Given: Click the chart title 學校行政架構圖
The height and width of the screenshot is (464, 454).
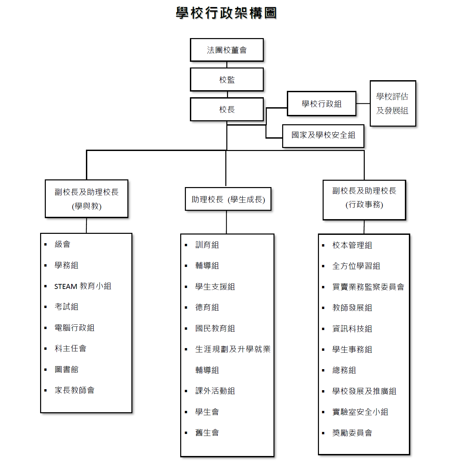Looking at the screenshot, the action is pos(226,13).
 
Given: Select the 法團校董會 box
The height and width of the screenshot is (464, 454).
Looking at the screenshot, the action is pos(227,50).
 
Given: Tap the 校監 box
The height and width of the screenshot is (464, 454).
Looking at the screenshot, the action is pos(227,80).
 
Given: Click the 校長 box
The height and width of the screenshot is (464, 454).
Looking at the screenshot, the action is pos(227,110).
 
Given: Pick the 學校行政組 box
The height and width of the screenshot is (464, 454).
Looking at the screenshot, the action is pos(322,104).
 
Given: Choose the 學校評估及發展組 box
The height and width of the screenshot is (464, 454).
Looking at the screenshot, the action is pos(393,104).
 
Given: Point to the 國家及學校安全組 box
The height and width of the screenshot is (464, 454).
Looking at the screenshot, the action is pos(323,136).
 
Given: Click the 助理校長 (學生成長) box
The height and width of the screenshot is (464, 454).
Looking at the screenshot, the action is pos(228,199).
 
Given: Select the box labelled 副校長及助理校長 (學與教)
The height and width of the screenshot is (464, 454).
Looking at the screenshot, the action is pos(87,199).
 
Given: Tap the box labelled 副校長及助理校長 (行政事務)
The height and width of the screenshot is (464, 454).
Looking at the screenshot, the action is pos(364,200).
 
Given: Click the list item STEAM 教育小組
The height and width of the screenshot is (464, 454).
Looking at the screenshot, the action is pos(83,286).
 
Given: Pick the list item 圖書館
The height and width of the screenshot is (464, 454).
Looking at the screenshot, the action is pos(66,369).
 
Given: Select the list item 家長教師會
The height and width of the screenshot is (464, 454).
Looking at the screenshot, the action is pos(75,390).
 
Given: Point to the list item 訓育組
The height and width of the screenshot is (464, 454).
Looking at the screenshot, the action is pos(207,245).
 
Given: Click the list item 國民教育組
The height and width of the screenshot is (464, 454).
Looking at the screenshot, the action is pos(215,328).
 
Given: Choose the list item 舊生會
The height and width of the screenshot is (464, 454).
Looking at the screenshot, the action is pos(207,433).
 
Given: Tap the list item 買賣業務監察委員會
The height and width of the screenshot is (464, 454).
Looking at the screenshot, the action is pos(368,287).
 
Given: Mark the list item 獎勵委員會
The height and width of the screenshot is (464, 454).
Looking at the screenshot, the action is pos(352,433).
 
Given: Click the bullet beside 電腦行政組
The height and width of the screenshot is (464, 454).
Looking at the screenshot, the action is pos(45,328).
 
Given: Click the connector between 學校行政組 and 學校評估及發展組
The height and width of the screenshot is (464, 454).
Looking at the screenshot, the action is pos(363,104).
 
